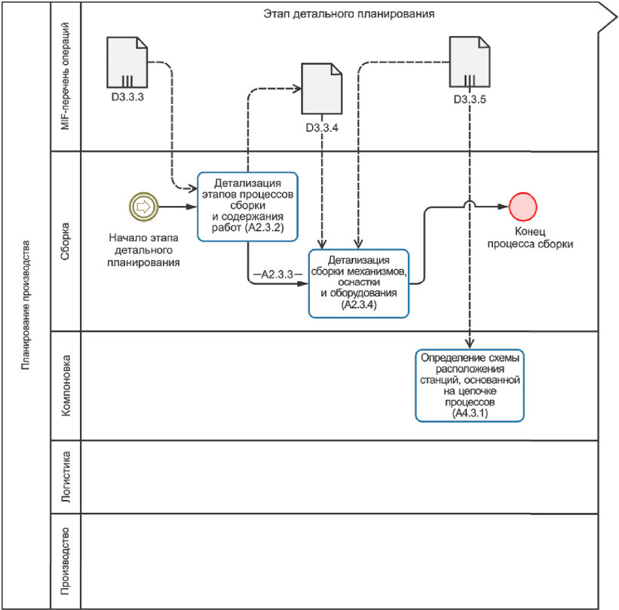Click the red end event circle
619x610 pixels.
[522, 207]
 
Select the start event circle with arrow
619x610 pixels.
[144, 206]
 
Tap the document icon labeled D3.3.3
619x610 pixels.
[127, 62]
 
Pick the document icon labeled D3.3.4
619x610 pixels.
[322, 88]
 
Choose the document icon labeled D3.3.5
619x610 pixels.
[470, 62]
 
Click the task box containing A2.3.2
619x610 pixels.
[247, 207]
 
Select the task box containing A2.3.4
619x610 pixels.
[358, 283]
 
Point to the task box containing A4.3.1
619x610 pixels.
[470, 385]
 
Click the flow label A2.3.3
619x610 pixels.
[277, 274]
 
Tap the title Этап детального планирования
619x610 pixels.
[349, 14]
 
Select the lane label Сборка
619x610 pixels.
[65, 241]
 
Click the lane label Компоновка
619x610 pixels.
[66, 386]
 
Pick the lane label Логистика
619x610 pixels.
[66, 477]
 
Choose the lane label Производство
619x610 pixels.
[65, 561]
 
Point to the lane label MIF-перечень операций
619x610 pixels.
[65, 76]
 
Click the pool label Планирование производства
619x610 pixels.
[26, 305]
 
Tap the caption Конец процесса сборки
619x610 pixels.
[530, 238]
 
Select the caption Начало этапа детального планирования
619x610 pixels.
[144, 250]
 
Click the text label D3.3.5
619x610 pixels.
[470, 100]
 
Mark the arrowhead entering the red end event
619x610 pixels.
[504, 207]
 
